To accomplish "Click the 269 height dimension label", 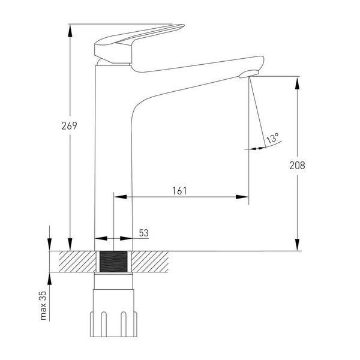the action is pyautogui.click(x=69, y=125).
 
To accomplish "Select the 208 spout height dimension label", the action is pyautogui.click(x=297, y=166).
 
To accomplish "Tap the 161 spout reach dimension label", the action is pyautogui.click(x=179, y=191).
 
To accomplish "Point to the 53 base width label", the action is pyautogui.click(x=144, y=233).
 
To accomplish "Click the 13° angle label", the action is pyautogui.click(x=272, y=138).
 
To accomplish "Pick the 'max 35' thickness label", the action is pyautogui.click(x=43, y=305).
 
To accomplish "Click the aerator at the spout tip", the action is pyautogui.click(x=248, y=74).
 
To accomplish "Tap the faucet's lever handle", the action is pyautogui.click(x=138, y=44).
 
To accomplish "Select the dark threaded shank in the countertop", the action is pyautogui.click(x=113, y=262).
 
